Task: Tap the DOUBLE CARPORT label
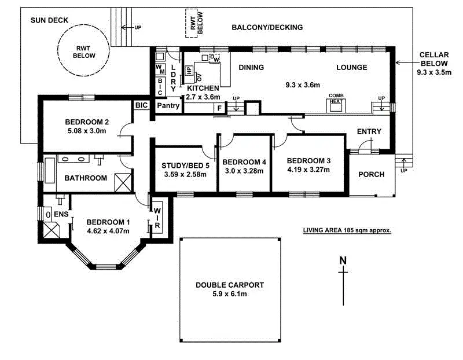tap(229, 285)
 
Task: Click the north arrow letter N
tap(343, 260)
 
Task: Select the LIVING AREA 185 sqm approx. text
tap(347, 230)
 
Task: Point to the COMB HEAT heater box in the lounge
tap(336, 104)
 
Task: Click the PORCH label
tap(371, 174)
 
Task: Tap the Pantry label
tap(168, 106)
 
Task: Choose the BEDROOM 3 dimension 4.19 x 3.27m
tap(308, 170)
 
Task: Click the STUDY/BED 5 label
tap(185, 165)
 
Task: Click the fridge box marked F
tap(219, 108)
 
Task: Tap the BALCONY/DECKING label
tap(267, 27)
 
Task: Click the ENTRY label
tap(369, 131)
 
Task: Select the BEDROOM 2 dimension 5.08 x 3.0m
tap(87, 131)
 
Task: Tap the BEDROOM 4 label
tap(244, 161)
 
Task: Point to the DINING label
tap(251, 67)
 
